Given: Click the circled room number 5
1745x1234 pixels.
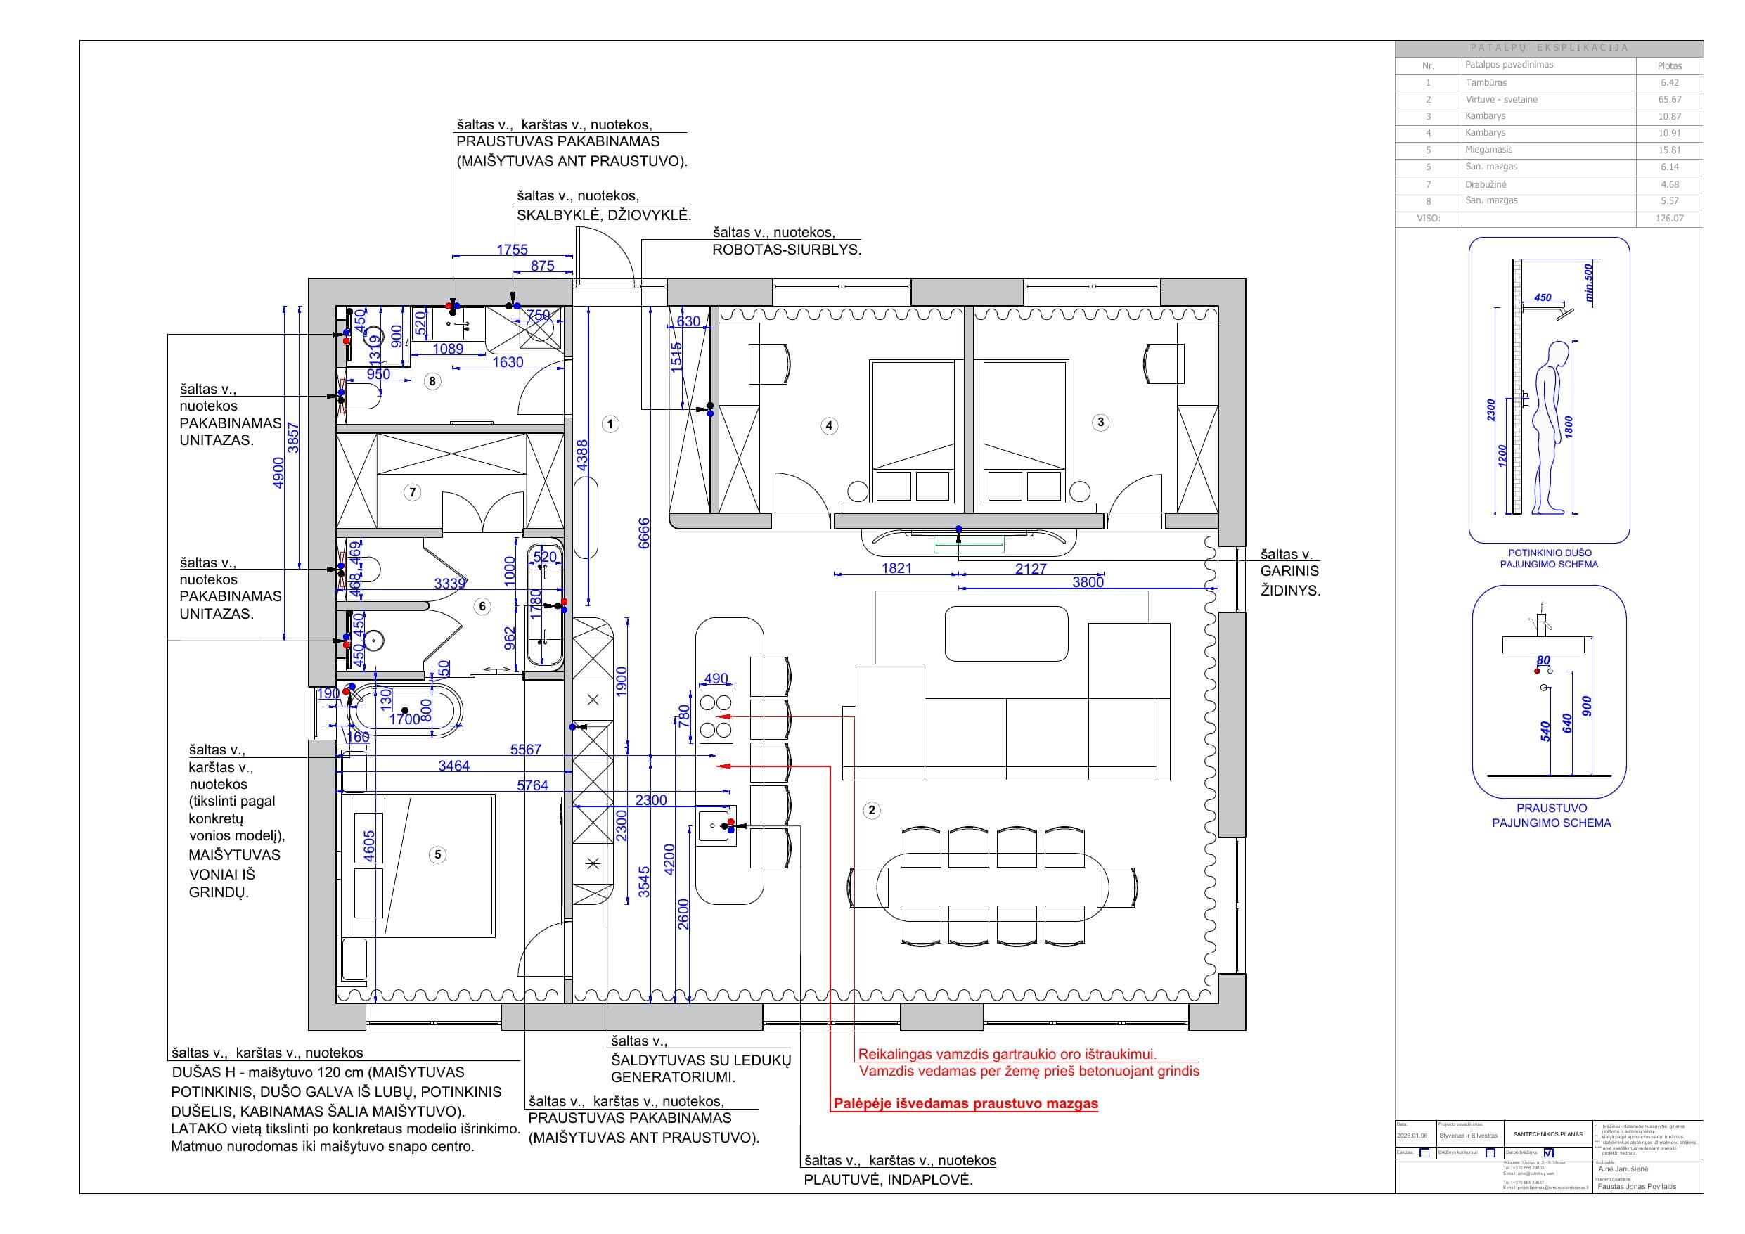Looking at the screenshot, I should point(437,854).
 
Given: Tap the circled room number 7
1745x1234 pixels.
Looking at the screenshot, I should point(413,492).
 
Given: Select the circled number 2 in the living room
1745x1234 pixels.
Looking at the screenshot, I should point(872,811).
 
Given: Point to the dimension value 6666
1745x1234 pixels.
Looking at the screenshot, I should point(644,533).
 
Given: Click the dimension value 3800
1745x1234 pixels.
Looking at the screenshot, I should point(1088,582).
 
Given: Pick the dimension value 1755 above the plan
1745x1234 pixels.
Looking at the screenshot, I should point(513,250).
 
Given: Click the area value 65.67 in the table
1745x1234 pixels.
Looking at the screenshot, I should point(1670,100).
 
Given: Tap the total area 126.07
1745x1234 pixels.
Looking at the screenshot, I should point(1670,218).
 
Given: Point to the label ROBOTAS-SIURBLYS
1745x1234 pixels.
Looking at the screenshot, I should point(787,250).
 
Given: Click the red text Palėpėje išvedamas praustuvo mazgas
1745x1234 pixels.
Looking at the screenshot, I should point(966,1103).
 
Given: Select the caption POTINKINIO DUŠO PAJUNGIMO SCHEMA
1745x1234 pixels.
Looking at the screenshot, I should point(1549,559).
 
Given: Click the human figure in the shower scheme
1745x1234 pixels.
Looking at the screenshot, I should point(1550,430).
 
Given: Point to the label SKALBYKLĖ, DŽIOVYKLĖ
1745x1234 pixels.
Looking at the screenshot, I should point(604,215).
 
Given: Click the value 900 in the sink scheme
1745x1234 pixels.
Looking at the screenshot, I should point(1586,707).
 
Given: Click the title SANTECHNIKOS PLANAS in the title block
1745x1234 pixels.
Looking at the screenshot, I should point(1548,1134).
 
